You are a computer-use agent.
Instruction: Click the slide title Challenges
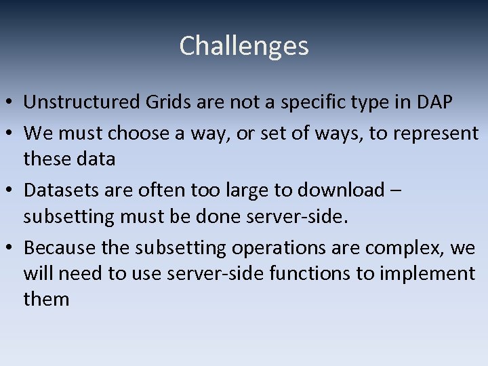coord(244,46)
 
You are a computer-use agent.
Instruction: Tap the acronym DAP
coord(434,102)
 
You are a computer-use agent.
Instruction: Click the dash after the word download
coord(396,191)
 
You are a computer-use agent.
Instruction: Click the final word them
coord(46,299)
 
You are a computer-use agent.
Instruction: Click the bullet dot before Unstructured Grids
coord(11,103)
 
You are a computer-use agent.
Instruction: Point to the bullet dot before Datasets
coord(11,191)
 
